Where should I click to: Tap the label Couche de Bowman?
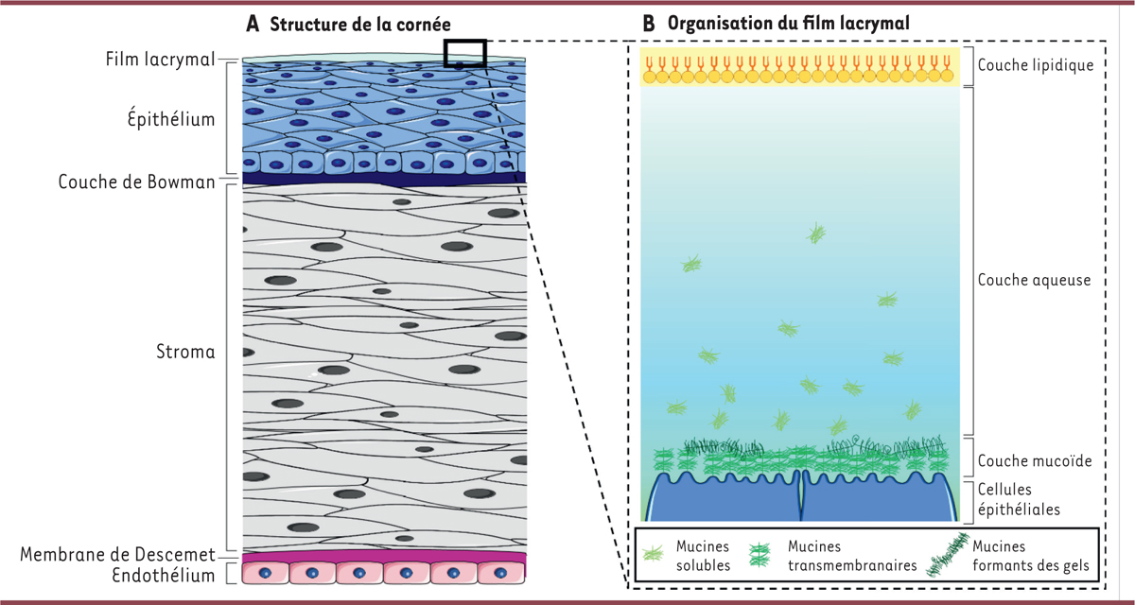136,180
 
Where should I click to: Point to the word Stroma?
185,353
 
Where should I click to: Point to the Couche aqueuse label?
1035,280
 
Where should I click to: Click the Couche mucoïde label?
1035,461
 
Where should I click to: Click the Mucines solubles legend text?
702,556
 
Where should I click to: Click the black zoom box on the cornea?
464,54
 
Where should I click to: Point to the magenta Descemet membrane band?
383,556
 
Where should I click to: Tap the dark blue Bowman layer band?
383,177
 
